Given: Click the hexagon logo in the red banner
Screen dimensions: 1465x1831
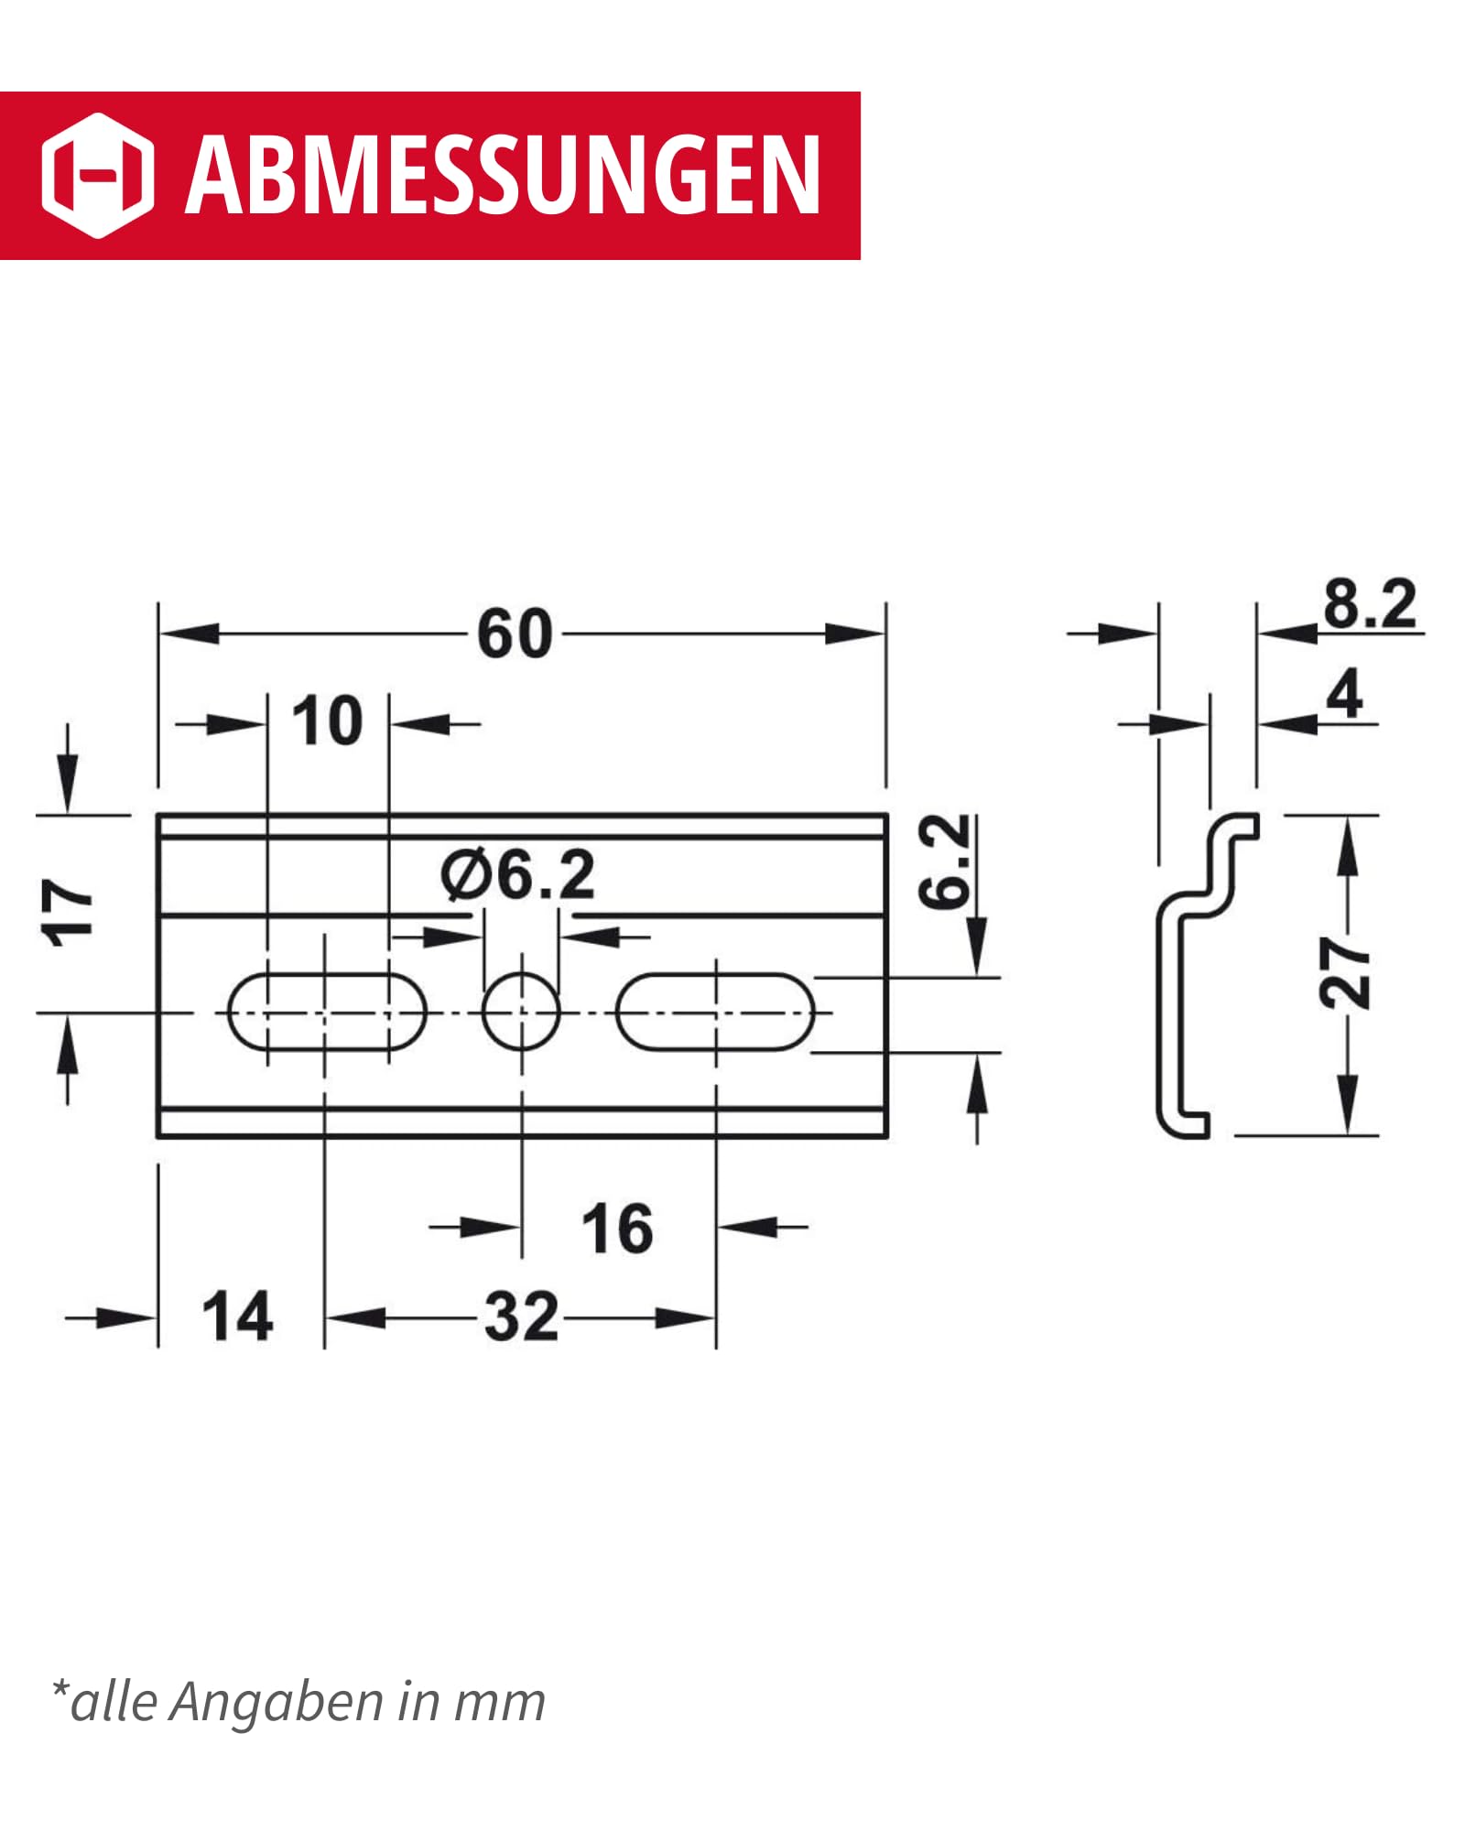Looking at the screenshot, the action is pyautogui.click(x=98, y=176).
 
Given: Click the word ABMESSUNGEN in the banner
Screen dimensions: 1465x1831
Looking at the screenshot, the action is pyautogui.click(x=503, y=175).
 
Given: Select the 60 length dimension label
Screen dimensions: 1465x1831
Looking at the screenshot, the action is pyautogui.click(x=515, y=634).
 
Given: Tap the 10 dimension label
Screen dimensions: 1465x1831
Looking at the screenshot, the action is pyautogui.click(x=327, y=721).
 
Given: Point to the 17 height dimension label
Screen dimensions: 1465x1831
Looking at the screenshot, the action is pyautogui.click(x=67, y=911).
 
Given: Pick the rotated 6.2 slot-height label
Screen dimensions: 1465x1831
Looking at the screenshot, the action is pyautogui.click(x=944, y=861).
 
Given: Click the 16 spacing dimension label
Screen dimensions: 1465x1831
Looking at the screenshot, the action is pyautogui.click(x=617, y=1229).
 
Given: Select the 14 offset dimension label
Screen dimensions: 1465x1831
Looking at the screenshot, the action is pyautogui.click(x=237, y=1316).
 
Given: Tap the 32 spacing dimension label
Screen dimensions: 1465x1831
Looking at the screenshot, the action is pyautogui.click(x=522, y=1316).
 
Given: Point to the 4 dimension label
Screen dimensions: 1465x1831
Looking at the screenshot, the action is pyautogui.click(x=1344, y=694).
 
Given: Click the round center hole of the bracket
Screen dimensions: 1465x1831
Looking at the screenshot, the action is pyautogui.click(x=521, y=1013).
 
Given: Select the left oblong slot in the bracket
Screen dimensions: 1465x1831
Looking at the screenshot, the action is pyautogui.click(x=327, y=1013).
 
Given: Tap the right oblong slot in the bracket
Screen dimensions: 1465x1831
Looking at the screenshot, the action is pyautogui.click(x=715, y=1013).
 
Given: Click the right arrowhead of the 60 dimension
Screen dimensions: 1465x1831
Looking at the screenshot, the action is pyautogui.click(x=855, y=634).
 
